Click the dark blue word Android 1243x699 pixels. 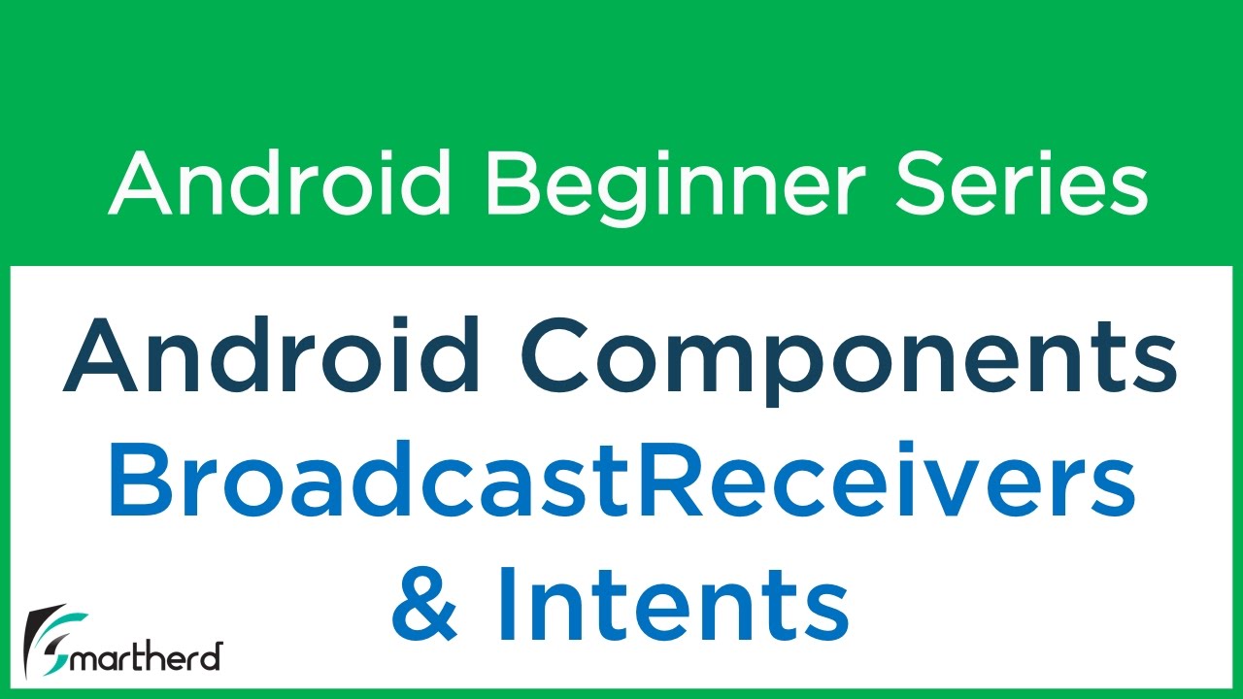click(273, 354)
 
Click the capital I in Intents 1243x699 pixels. click(503, 604)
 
